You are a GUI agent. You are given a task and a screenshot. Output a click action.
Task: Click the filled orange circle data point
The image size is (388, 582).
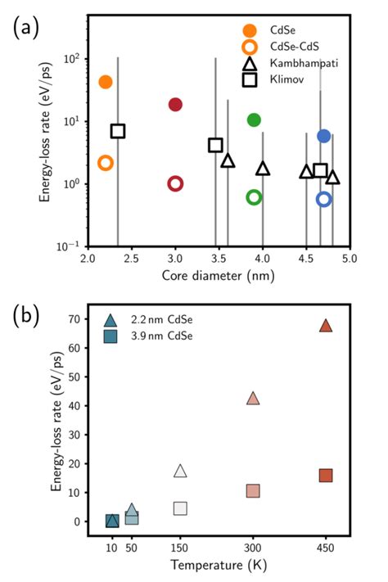click(x=105, y=82)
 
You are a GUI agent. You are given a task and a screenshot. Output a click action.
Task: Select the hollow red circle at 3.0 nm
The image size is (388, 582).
click(x=175, y=183)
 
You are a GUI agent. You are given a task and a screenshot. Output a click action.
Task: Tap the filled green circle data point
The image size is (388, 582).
click(x=254, y=120)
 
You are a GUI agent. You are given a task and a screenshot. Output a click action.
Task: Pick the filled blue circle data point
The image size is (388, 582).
click(x=324, y=136)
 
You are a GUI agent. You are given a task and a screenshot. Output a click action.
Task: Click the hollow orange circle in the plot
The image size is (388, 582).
click(x=105, y=163)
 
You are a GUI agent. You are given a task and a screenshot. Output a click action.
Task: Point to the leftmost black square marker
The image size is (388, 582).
click(x=118, y=131)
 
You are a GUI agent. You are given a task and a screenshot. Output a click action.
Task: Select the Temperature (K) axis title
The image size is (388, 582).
click(x=219, y=566)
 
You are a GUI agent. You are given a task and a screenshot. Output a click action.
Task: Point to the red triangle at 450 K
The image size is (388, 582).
click(x=326, y=326)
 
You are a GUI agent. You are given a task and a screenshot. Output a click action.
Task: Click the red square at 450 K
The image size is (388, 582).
click(x=326, y=476)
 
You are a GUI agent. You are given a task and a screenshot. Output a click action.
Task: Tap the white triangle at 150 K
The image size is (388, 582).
click(x=181, y=471)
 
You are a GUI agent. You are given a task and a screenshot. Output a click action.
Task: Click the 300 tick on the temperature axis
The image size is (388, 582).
click(x=253, y=546)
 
